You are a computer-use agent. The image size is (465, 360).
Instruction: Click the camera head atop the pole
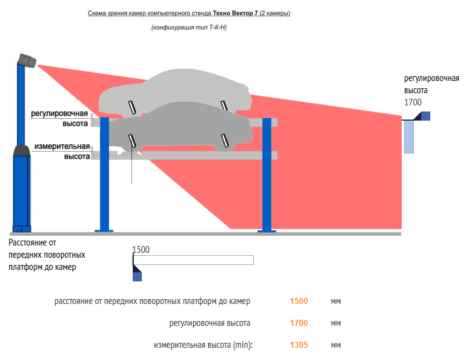pos(27,60)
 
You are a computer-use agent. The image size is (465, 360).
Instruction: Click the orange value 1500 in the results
pos(299,301)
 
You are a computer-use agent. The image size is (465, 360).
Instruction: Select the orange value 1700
pos(299,323)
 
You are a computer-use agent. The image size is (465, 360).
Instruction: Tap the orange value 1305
pos(299,345)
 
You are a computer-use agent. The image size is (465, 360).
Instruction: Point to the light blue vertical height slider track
pos(409,136)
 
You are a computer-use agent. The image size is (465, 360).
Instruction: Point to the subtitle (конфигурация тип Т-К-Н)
pos(189,28)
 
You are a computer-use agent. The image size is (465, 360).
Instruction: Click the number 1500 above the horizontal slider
pos(141,249)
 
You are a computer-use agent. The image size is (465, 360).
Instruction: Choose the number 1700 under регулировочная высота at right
pos(413,102)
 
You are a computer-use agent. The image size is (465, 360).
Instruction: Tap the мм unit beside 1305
pos(336,345)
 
